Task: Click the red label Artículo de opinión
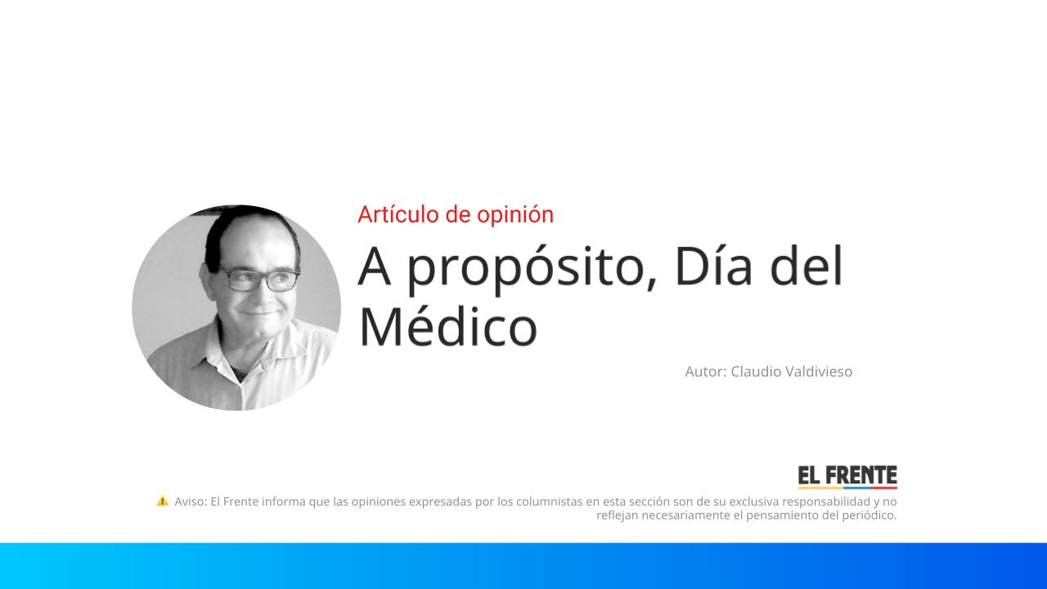456,214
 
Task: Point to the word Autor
704,371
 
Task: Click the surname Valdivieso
818,371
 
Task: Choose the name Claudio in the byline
755,371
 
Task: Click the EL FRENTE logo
847,476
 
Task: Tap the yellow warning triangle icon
162,501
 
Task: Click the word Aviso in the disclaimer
190,501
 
